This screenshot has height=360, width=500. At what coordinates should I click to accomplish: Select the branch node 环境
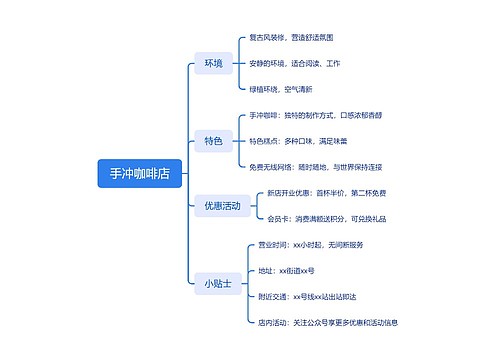coord(213,64)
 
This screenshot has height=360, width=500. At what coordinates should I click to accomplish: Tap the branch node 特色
coord(213,140)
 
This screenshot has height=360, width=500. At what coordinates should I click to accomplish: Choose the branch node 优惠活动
coord(222,206)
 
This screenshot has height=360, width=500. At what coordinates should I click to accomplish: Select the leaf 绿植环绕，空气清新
coord(281,89)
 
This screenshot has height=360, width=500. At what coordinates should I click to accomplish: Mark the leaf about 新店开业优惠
coord(327,193)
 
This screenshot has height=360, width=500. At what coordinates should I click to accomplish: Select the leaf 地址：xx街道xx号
coord(286,270)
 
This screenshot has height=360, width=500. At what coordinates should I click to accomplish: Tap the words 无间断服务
coord(343,245)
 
